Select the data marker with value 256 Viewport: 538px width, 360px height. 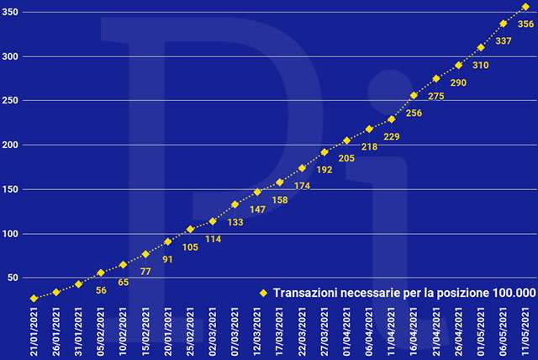[414, 95]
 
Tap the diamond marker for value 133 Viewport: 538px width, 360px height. [235, 204]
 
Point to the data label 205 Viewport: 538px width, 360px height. [345, 158]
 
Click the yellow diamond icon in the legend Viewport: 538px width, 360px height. [262, 293]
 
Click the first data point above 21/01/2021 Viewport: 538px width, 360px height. [34, 299]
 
